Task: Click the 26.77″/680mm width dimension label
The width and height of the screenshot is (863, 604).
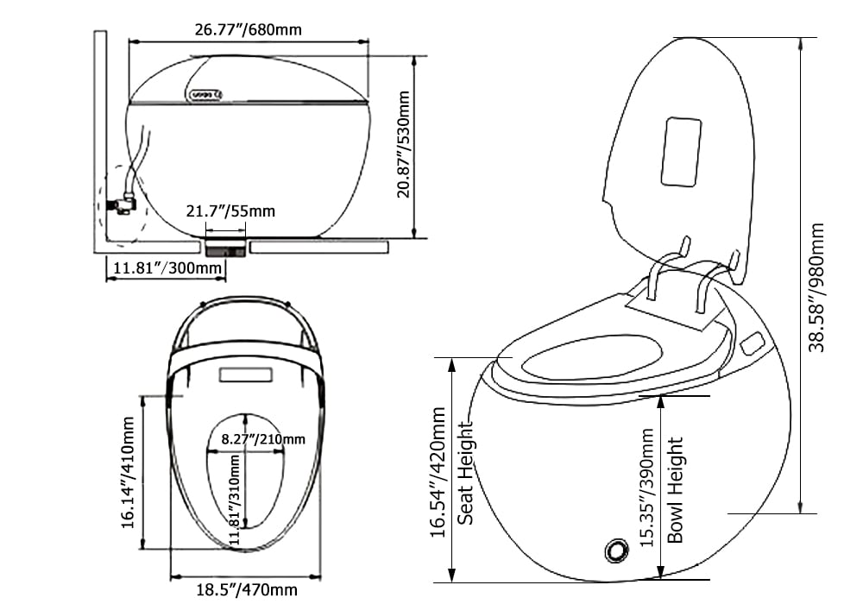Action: (248, 30)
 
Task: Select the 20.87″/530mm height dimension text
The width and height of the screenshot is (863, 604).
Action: (404, 147)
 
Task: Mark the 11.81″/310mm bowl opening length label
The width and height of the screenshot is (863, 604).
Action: (235, 501)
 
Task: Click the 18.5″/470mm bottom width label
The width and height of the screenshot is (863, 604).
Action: (246, 590)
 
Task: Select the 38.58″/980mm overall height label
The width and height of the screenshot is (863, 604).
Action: (816, 286)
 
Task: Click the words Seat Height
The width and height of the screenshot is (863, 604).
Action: (465, 472)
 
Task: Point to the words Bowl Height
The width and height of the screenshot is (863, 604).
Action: (676, 489)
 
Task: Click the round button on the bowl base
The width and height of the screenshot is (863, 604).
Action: (617, 550)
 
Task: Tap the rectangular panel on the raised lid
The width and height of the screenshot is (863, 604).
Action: (681, 151)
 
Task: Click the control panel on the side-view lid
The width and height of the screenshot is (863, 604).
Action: (205, 94)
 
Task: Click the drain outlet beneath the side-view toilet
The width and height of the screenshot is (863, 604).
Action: (226, 249)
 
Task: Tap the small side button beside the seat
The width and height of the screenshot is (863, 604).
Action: (751, 343)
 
